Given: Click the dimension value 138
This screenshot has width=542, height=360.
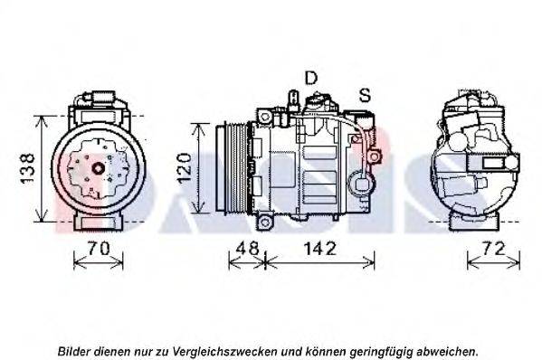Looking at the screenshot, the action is point(27,168).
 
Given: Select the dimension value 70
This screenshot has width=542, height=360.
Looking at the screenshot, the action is point(99,248).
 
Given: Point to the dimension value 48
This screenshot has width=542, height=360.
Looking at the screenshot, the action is point(247,248).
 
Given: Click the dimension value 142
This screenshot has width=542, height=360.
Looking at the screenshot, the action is point(319,248).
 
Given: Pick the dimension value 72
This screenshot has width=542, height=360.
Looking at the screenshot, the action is point(493,248).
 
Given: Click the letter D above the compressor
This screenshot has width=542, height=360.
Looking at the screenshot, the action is point(311,78).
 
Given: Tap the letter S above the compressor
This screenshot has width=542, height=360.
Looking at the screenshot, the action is point(365,95).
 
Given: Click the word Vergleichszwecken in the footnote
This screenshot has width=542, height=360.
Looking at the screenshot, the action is point(224,352).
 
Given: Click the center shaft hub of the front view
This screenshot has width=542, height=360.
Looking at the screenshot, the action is point(99,168).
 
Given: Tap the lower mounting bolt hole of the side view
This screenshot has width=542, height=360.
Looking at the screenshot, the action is point(265,223).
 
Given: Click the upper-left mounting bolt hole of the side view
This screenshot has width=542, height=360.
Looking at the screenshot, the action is point(265,117).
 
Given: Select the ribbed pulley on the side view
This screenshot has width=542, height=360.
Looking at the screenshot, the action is point(232,166).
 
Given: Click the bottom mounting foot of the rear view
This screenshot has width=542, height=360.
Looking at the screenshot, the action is point(474,223).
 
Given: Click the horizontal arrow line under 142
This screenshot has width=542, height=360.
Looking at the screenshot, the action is point(319,263).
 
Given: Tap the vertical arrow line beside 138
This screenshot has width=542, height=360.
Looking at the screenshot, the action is point(42,169).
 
